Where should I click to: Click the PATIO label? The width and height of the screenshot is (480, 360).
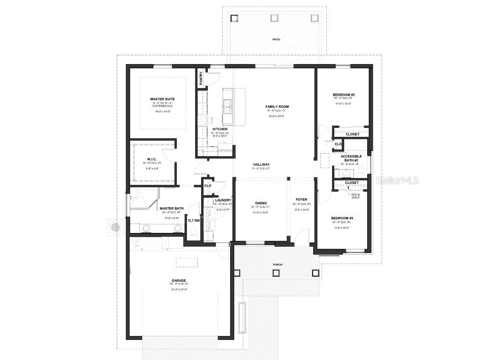click(277, 39)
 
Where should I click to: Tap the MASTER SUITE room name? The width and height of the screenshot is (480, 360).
click(162, 99)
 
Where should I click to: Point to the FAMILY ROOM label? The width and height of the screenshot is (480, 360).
click(277, 107)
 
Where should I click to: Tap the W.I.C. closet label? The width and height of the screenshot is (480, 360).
click(145, 159)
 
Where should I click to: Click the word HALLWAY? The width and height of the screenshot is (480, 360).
click(262, 165)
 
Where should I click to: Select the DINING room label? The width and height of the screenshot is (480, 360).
click(261, 203)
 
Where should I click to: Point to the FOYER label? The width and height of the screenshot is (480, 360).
click(301, 200)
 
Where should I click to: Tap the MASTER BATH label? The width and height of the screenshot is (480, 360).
click(171, 209)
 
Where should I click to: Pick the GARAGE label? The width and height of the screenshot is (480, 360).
click(179, 281)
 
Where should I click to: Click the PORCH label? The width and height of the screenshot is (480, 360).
click(278, 265)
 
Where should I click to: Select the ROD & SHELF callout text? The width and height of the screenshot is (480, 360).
click(356, 196)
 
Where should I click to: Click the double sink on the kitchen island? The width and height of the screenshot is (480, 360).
click(227, 106)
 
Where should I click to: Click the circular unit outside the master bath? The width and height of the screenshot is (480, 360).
click(115, 227)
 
